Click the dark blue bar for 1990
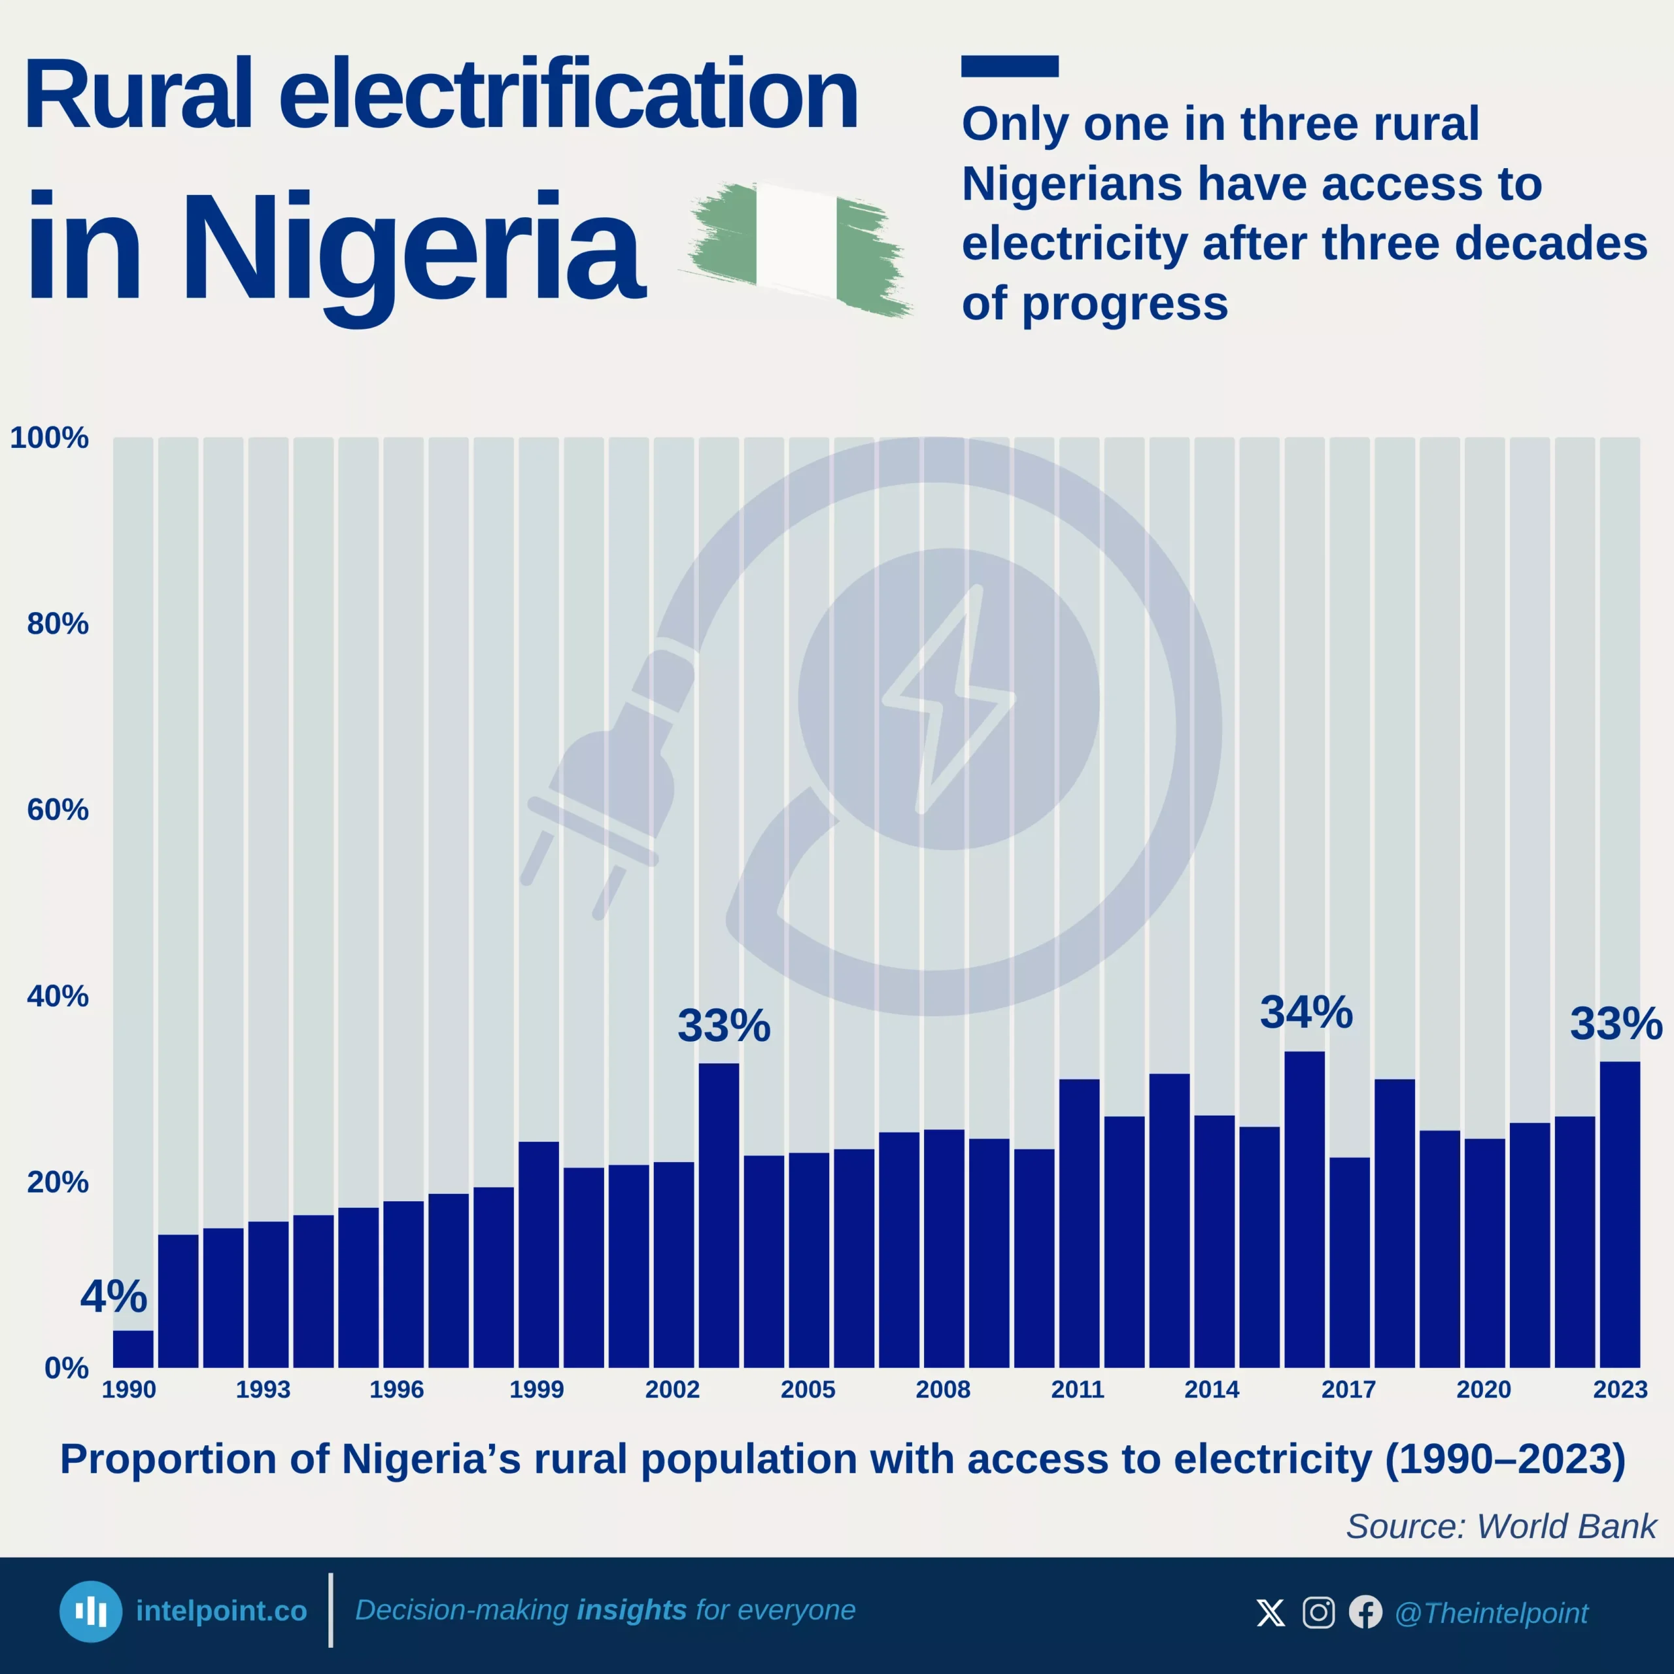coord(133,1348)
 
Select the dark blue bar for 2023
coord(1620,1213)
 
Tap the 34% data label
coord(1306,1012)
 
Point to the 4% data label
coord(114,1296)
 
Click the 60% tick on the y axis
coord(57,810)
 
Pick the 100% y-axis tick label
coord(50,437)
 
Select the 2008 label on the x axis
coord(943,1390)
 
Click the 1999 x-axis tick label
coord(536,1390)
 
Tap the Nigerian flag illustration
coord(797,247)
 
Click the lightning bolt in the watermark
coord(949,698)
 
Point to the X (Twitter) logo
coord(1271,1613)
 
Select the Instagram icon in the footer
coord(1318,1613)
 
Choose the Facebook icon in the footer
coord(1365,1613)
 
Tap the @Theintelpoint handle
coord(1491,1613)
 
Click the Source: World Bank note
coord(1501,1526)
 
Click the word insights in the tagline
coord(632,1610)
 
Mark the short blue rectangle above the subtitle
coord(1010,67)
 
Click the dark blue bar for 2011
coord(1079,1221)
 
